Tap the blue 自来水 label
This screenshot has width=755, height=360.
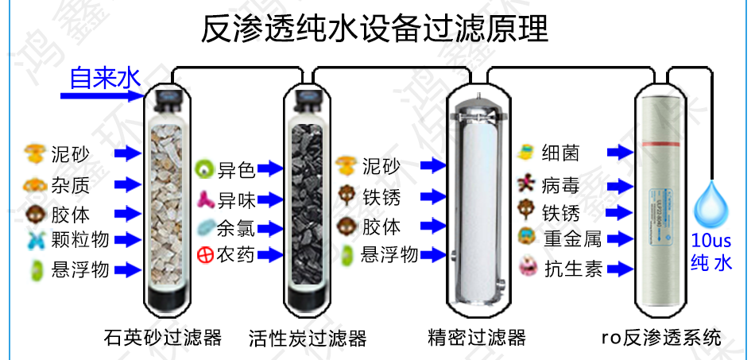click(104, 78)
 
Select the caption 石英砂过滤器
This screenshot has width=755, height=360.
click(162, 337)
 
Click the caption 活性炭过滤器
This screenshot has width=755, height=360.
click(307, 337)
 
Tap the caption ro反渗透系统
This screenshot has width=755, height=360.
click(662, 337)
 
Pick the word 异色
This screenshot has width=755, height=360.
click(236, 169)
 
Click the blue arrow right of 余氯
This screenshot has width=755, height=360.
click(271, 229)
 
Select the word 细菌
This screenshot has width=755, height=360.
click(562, 152)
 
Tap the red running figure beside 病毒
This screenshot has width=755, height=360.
click(525, 185)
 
